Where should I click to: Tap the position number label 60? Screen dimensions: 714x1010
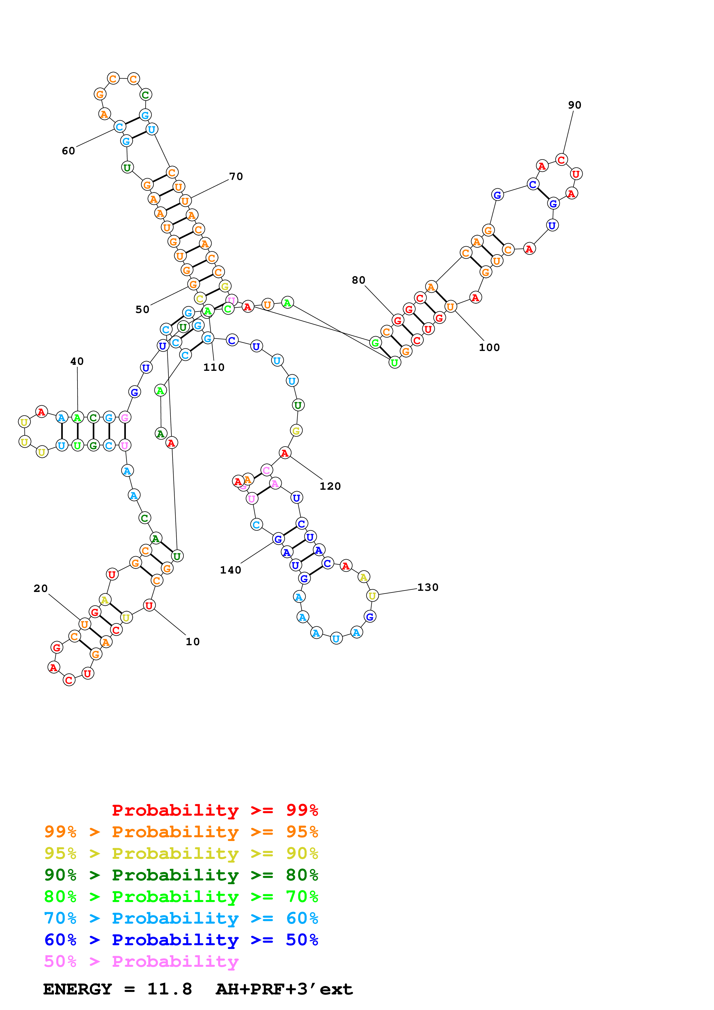point(68,151)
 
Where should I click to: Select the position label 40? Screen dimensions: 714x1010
point(77,362)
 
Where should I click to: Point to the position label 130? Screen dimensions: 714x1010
point(428,587)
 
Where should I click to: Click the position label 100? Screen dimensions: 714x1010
point(489,348)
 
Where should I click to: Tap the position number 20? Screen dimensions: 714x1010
point(41,588)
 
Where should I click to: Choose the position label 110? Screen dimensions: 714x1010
point(214,367)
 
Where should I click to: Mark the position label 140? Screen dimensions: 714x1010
point(230,570)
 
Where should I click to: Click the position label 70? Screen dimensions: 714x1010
point(236,176)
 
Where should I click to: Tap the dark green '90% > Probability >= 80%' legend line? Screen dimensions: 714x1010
point(181,875)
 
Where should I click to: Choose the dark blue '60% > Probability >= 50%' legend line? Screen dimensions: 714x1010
point(181,940)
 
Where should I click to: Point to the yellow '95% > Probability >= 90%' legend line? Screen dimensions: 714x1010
point(181,853)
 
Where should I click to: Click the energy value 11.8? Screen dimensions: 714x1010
point(169,989)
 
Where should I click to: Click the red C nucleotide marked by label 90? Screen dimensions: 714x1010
point(561,160)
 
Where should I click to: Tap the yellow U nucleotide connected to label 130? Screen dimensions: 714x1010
point(372,596)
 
